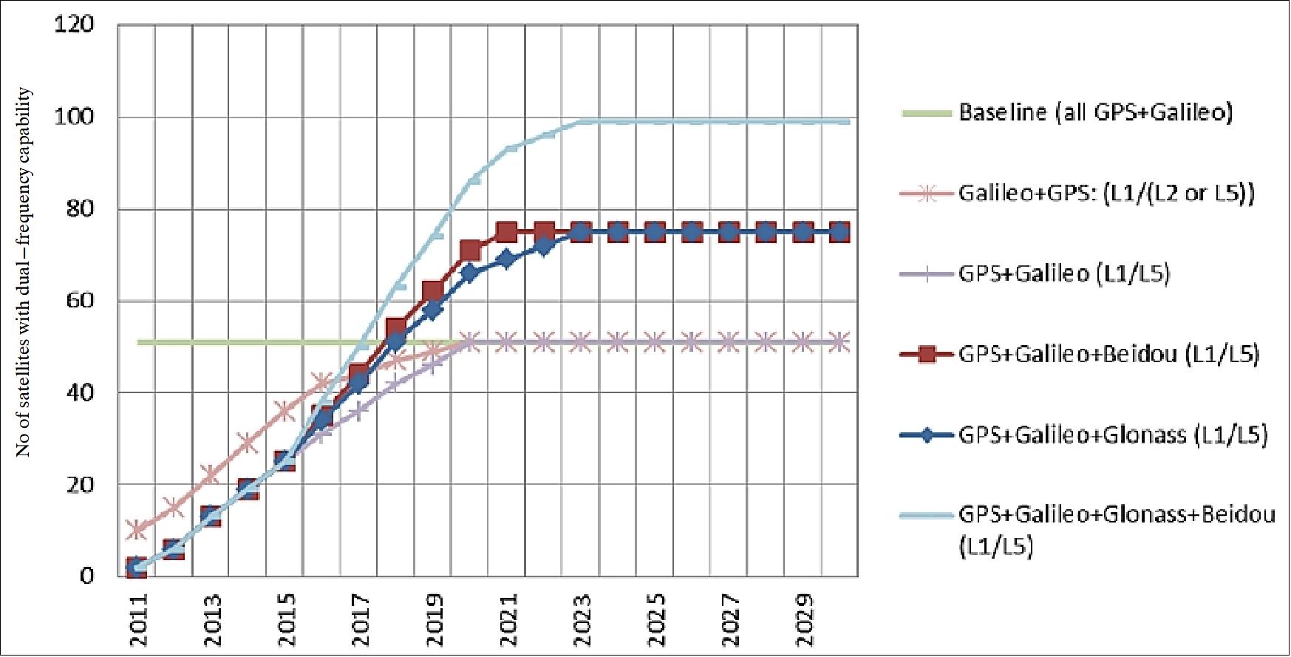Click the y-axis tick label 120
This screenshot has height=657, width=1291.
click(x=75, y=24)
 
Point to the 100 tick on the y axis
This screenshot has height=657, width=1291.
click(x=75, y=117)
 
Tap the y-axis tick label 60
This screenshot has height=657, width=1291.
click(x=81, y=300)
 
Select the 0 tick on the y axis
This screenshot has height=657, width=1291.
click(x=87, y=575)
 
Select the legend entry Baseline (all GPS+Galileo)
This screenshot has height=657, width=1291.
click(x=1095, y=112)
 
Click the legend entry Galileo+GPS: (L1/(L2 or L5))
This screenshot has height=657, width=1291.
click(x=1106, y=194)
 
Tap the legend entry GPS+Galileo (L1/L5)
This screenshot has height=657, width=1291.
click(x=1064, y=274)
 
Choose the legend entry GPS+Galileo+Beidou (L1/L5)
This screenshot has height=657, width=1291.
click(x=1108, y=355)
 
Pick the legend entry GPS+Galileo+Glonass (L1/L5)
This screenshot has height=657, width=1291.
click(x=1113, y=435)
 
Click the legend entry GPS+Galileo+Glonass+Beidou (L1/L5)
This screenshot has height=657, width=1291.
click(x=1116, y=528)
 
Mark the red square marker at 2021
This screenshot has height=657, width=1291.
click(x=507, y=232)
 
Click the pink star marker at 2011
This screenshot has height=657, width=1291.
click(x=137, y=529)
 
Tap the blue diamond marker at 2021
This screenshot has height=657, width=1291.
click(x=507, y=259)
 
